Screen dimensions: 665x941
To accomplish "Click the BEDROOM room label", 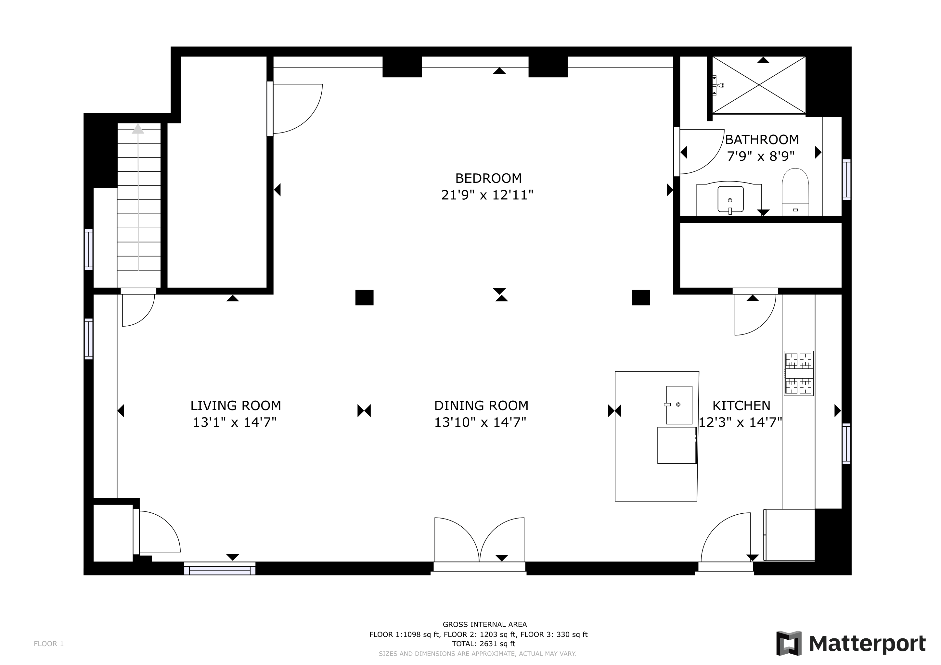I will coord(488,178).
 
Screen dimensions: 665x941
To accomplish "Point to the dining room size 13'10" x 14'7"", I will coord(480,422).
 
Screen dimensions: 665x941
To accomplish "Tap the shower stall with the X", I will coord(759,85).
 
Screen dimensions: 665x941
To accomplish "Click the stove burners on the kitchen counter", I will coord(798,373).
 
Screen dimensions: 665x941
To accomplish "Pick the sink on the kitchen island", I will coord(679,405).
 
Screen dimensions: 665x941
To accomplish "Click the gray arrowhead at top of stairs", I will coord(138,130).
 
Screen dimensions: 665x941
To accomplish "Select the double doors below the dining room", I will coord(479,541).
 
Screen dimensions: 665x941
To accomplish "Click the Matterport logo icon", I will coord(789,643).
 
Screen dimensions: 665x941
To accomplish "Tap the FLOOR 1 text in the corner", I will coord(49,644).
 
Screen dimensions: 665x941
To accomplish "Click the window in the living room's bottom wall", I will coord(220,568).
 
